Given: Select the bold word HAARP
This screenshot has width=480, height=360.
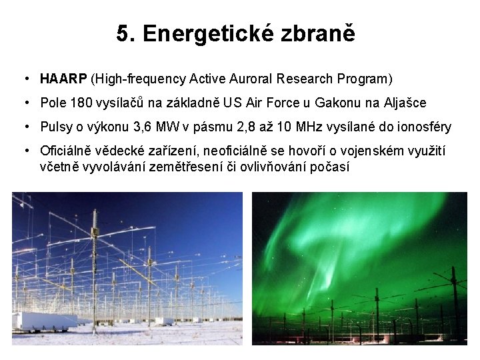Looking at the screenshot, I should pos(63,79).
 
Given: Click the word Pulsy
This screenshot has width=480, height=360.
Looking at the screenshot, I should pos(54,127).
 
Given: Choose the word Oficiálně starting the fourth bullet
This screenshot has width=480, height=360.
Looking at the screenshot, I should pos(66,151).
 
